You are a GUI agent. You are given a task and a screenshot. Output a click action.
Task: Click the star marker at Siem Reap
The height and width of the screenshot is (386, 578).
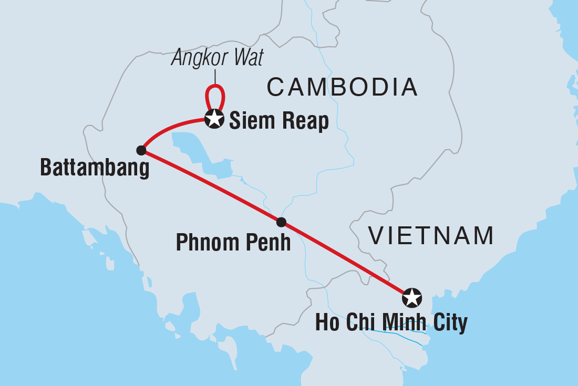(x=214, y=118)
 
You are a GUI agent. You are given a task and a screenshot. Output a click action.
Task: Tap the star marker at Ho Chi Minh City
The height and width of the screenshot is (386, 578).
(x=411, y=298)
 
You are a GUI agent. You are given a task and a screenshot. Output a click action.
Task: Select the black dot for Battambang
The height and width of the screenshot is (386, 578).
(x=141, y=150)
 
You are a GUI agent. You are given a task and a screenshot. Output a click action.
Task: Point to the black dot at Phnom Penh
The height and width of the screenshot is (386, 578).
(x=281, y=222)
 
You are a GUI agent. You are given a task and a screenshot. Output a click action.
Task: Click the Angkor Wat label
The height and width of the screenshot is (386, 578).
(x=217, y=58)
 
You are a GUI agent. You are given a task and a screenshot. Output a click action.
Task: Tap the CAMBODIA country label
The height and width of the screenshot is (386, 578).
(x=342, y=87)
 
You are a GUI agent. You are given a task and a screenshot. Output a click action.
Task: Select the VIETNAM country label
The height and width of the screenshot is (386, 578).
(x=431, y=236)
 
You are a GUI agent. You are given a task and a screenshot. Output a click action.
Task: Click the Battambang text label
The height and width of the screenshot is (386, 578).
(x=95, y=169)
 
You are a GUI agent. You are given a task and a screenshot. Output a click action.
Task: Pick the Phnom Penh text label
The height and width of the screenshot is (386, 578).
(x=233, y=243)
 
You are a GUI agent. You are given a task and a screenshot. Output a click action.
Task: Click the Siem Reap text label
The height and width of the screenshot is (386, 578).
(x=279, y=121)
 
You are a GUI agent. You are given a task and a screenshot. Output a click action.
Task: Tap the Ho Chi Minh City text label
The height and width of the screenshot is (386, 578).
(x=391, y=322)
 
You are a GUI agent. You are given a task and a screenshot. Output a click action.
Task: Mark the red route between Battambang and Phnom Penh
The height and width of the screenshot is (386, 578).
(x=210, y=186)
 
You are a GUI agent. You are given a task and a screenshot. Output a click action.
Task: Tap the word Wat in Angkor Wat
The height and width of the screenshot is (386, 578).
(x=245, y=58)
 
